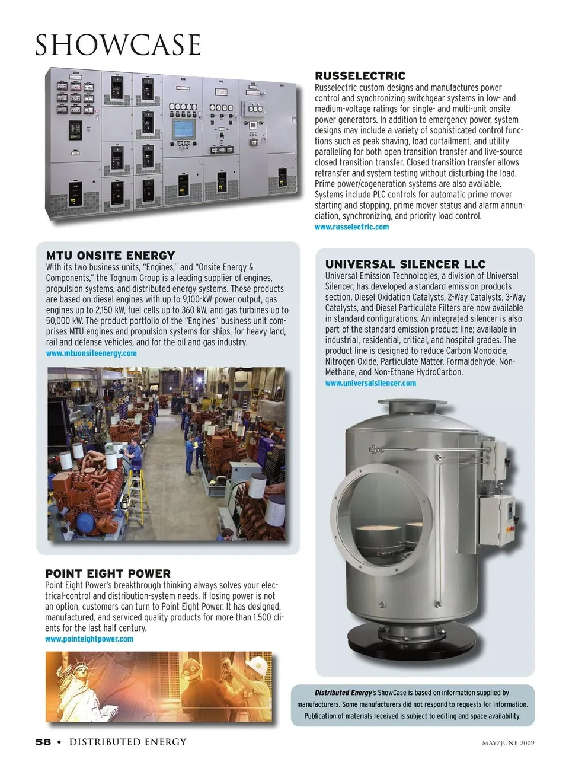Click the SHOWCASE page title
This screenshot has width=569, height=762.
tap(118, 45)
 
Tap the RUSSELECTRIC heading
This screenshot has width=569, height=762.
tap(360, 76)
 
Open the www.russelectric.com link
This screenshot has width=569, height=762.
tap(351, 227)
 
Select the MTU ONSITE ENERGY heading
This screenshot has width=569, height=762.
tap(110, 256)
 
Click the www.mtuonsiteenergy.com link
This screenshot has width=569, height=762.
tap(91, 353)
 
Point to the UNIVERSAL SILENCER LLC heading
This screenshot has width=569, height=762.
tap(405, 264)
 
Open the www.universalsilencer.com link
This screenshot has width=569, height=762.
tap(370, 383)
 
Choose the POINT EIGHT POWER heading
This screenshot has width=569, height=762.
tap(108, 573)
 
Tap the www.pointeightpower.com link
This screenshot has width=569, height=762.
tap(89, 639)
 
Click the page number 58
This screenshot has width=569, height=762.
tap(43, 742)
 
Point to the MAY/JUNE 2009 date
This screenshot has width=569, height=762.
tap(507, 742)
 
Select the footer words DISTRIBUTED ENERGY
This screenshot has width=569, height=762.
tap(127, 742)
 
